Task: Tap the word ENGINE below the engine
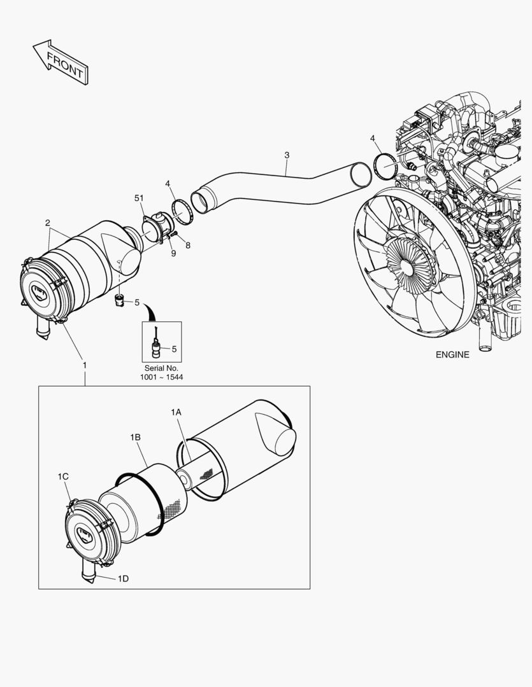point(452,355)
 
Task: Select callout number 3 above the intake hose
point(287,155)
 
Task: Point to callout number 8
point(187,244)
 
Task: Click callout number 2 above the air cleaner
point(48,223)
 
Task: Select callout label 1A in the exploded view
point(176,413)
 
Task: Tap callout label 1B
point(135,437)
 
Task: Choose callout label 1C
point(63,476)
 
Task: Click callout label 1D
point(123,578)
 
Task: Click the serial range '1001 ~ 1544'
point(161,378)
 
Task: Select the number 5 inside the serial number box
point(174,348)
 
